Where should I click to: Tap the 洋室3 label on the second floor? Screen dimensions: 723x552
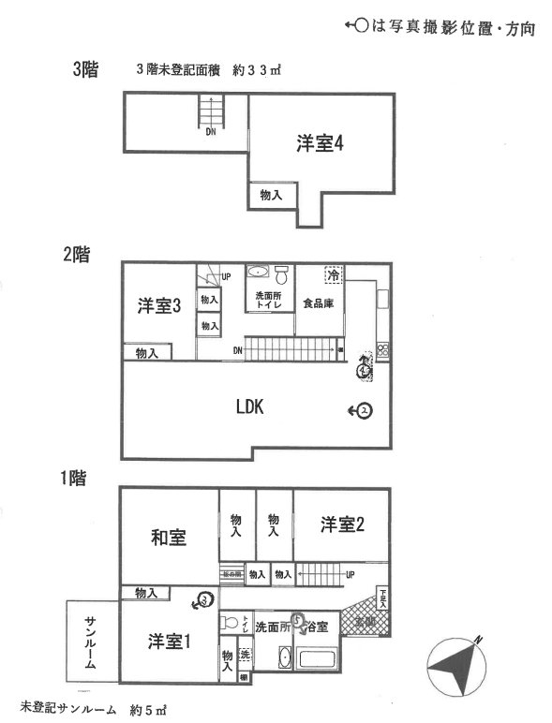[159, 306]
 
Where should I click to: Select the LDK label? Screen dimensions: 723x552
[251, 406]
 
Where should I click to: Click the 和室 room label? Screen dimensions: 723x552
[169, 538]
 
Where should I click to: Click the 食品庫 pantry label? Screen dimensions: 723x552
[319, 303]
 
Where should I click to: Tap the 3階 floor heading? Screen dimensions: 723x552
[86, 69]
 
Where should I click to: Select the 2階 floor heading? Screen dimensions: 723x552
[76, 254]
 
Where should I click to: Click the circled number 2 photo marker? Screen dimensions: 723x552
[366, 410]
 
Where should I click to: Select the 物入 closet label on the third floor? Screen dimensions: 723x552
[272, 195]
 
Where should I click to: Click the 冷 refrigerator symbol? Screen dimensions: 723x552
[333, 275]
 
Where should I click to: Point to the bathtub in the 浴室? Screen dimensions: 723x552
[322, 657]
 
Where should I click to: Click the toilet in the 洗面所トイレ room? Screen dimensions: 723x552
[281, 274]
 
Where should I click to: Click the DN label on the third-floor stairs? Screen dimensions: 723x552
[212, 132]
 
